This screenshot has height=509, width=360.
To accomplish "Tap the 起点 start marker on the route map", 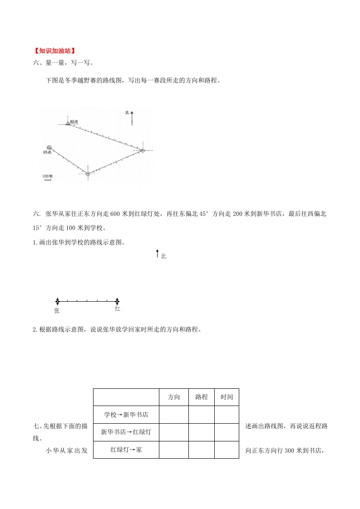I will [68, 122].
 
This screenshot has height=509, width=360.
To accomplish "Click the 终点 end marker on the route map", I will [49, 148].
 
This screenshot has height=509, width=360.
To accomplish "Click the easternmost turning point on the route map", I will [142, 150].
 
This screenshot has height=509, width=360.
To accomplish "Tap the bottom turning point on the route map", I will [88, 174].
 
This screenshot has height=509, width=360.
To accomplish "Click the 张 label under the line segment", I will [57, 311].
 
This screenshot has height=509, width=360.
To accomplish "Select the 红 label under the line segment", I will [118, 309].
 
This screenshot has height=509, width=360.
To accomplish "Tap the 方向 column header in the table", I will [174, 397].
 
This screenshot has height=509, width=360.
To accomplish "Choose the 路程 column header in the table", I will [202, 397].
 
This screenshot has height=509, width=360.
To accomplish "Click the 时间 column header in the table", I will [227, 397].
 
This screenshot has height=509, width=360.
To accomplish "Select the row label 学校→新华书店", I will [126, 414].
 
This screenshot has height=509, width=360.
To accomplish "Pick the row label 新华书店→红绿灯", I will [126, 432].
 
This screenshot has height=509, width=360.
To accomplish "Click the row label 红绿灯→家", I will [126, 450].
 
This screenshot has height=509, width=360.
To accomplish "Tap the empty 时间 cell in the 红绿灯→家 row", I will [227, 450].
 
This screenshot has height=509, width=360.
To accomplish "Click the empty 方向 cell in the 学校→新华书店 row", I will [174, 414].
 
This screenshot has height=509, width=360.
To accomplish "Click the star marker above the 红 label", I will [117, 301].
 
